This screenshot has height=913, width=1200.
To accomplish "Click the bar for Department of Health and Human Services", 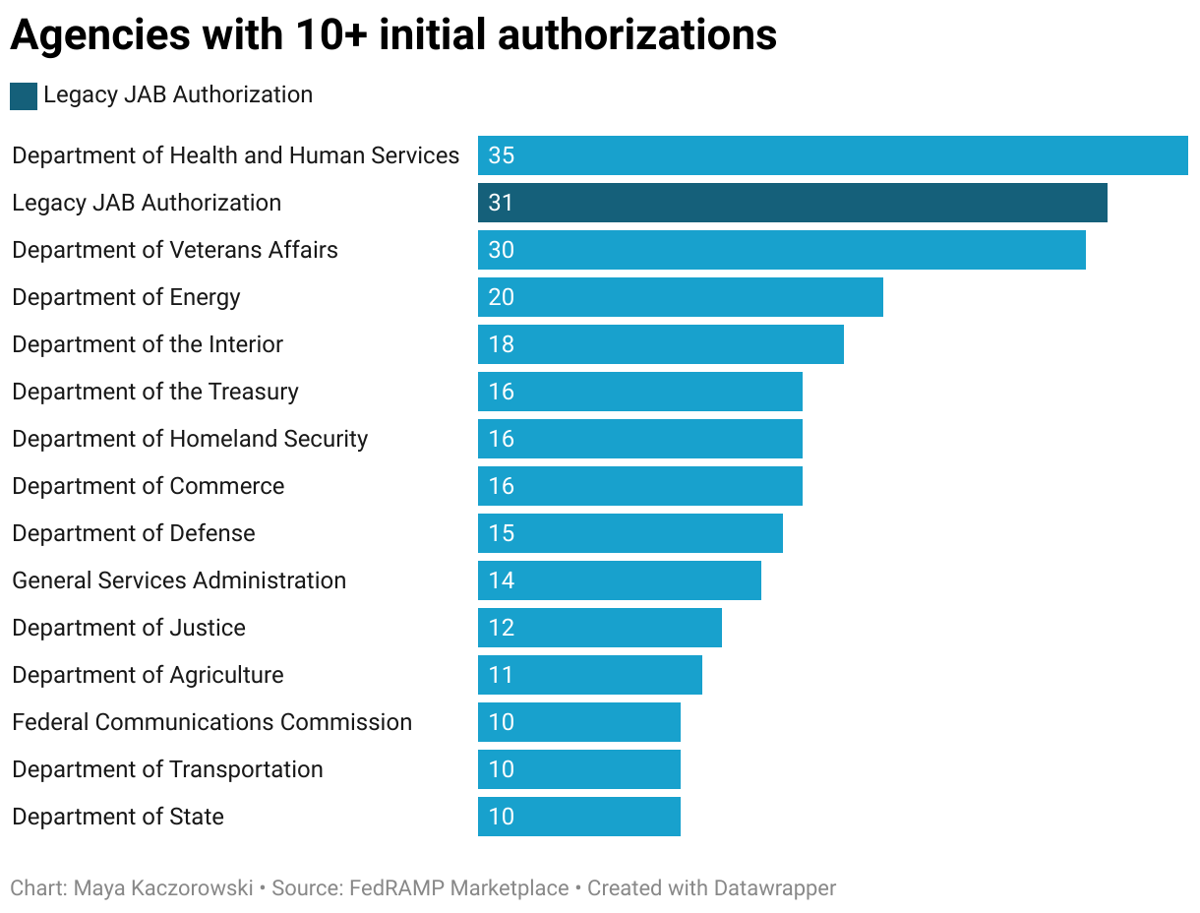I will coord(832,155).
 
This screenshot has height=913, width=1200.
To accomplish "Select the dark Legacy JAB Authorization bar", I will coord(792,203).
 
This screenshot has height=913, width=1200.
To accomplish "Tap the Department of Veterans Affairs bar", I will coord(781,250).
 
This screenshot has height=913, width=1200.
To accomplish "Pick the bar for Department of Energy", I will coord(680,297).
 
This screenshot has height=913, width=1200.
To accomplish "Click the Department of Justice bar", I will coord(599,628).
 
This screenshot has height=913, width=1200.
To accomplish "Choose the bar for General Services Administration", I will coord(619,580).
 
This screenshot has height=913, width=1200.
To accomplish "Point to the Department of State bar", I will coord(578,817).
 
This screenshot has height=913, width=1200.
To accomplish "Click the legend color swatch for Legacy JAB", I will coord(24,96).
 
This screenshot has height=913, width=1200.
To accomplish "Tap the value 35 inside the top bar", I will coord(502,155).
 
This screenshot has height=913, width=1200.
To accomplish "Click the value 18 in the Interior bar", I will coord(502,344).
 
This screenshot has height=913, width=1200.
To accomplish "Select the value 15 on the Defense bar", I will coord(502,533).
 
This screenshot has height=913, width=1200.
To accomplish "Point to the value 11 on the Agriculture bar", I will coord(502,675).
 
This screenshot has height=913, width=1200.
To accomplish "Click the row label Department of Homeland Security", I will coord(190,439).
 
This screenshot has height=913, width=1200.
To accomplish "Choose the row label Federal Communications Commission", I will coord(211,722).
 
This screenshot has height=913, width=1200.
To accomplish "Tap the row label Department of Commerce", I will coord(148,486).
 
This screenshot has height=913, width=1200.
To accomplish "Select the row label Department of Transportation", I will coord(167,769).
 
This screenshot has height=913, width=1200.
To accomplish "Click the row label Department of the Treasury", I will coord(154,392).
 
